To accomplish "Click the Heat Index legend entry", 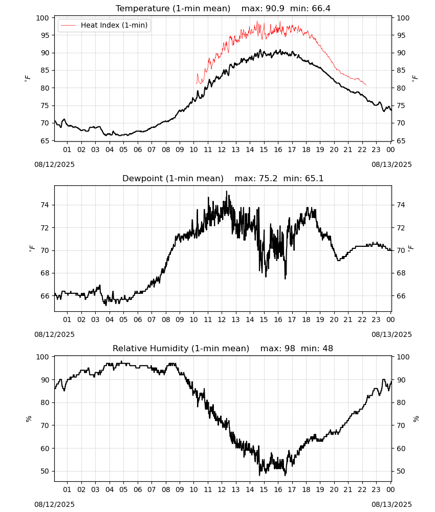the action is coord(104,25).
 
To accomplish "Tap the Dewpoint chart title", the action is coord(173,178).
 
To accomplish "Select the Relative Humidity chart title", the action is coord(181,348).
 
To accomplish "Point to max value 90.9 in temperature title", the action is coord(275,8).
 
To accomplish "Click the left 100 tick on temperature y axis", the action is coord(43,18).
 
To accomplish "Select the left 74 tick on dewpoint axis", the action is coord(45,205).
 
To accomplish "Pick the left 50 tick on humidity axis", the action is coord(45,471).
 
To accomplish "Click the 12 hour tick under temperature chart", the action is coord(222,150).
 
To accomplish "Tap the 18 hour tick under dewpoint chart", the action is coord(306,319).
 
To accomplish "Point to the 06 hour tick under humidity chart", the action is coord(138,489).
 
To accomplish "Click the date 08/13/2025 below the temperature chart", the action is coord(391,164).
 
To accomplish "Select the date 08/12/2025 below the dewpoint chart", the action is coord(54,334).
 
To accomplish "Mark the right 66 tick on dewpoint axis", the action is coord(401,296).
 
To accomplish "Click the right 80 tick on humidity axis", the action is coord(401,402).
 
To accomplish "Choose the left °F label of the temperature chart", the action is coord(28,78).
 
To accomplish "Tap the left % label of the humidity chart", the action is coord(29,419).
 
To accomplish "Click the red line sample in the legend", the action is coord(68,26).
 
